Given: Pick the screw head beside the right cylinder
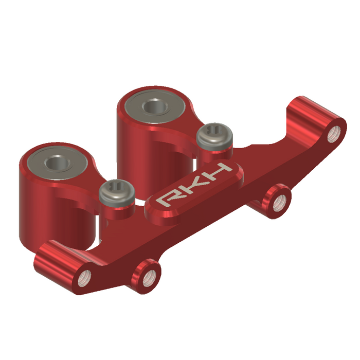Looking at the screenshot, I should click(x=215, y=136).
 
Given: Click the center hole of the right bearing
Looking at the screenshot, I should click(x=152, y=107).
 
